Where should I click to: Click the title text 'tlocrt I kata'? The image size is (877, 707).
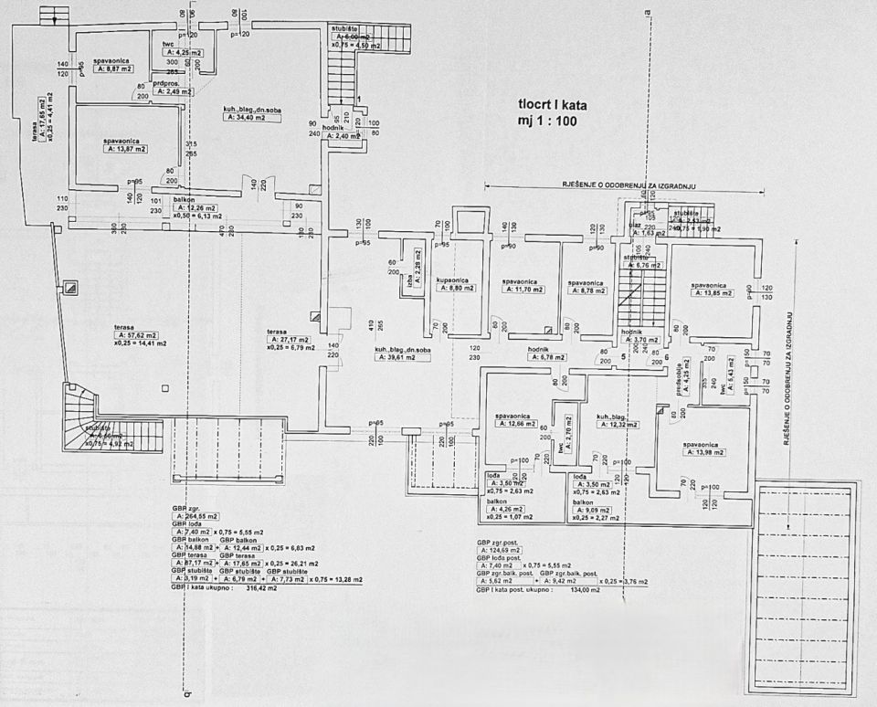553,105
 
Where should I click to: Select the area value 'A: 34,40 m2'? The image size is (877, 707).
250,118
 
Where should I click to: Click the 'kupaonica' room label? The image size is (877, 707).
453,280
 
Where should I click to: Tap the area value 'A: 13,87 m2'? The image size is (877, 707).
125,148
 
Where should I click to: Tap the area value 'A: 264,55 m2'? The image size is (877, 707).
196,517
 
